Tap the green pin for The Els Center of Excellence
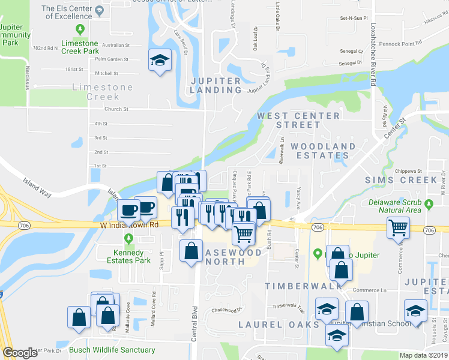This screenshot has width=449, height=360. (79, 28)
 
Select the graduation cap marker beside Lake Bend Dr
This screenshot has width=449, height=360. (160, 61)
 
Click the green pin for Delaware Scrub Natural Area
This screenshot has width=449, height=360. (429, 205)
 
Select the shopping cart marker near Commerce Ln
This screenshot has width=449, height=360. (398, 228)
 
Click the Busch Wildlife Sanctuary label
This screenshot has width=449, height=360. (112, 350)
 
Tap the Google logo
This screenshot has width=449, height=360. (20, 353)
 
